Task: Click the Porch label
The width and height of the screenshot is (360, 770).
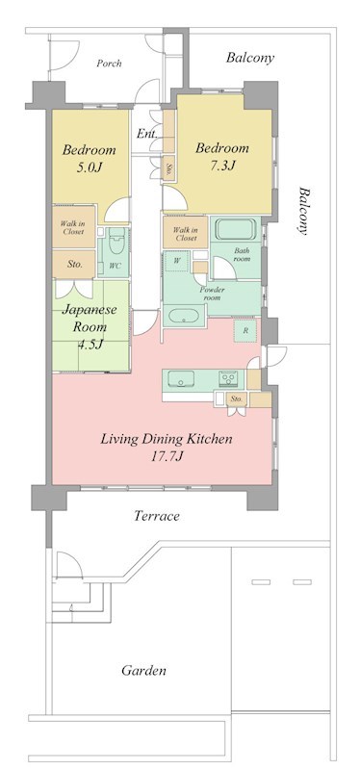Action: click(x=109, y=64)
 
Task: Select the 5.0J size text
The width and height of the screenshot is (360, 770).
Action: click(x=89, y=167)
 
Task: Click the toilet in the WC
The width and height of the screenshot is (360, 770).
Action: click(x=116, y=242)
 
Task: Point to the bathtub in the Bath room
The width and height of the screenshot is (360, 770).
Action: click(x=235, y=229)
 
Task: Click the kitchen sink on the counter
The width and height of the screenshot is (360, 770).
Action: click(x=181, y=379)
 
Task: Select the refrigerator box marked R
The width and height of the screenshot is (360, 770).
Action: click(x=245, y=330)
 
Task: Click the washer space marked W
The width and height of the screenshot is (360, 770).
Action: click(x=177, y=261)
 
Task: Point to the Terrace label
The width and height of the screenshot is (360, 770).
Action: click(x=157, y=516)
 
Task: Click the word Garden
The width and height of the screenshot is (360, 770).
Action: click(x=143, y=670)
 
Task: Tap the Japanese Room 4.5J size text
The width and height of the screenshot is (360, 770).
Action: click(x=89, y=344)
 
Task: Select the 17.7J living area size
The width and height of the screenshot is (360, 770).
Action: click(x=167, y=456)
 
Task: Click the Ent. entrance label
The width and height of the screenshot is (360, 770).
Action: click(x=146, y=134)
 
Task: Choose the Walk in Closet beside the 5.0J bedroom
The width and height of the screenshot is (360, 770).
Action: click(x=73, y=228)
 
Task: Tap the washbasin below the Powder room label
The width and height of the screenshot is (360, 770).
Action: click(x=184, y=316)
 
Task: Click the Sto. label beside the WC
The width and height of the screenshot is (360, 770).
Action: click(x=74, y=264)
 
